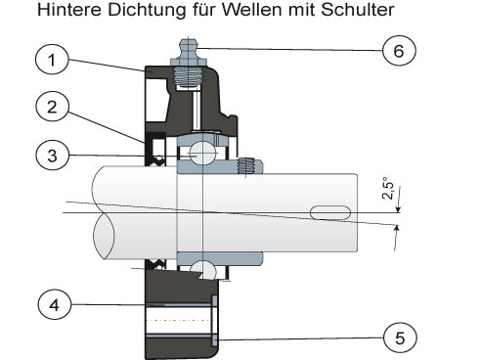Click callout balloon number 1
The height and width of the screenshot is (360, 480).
(52, 60)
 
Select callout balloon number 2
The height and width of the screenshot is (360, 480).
(52, 107)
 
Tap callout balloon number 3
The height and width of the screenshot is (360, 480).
(52, 156)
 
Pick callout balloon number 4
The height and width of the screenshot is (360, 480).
(55, 305)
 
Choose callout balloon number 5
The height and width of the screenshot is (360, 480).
(401, 337)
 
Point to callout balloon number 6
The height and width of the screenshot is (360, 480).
(399, 51)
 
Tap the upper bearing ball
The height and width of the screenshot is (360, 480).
(203, 153)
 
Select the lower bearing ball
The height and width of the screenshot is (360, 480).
(202, 270)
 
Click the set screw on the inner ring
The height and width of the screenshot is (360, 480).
(246, 165)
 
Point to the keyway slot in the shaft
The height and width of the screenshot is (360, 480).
(330, 212)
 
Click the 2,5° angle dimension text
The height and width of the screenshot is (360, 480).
(388, 188)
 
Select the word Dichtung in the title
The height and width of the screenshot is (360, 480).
(147, 10)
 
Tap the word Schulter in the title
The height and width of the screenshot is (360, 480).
(358, 10)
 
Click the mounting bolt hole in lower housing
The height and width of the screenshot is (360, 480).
(179, 320)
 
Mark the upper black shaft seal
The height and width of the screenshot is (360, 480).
(155, 149)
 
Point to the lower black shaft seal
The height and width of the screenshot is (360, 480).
(155, 265)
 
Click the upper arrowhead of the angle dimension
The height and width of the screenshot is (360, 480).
(398, 210)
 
